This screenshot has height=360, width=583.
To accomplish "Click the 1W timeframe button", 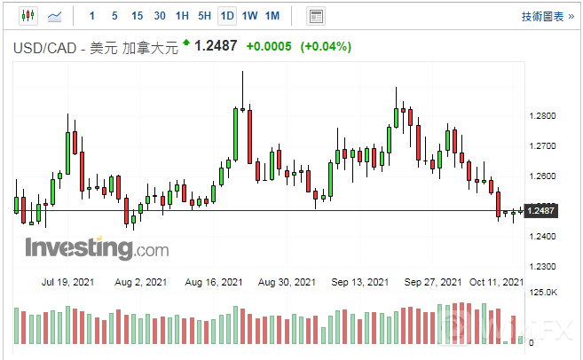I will point(249,16).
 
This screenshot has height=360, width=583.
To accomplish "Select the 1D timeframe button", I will point(227,16).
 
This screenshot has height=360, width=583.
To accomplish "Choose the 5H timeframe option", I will point(204,16).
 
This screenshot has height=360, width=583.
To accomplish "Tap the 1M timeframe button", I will point(272,16).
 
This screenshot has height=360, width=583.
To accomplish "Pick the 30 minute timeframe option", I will point(159,16).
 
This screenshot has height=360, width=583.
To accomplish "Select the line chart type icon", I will point(55,16).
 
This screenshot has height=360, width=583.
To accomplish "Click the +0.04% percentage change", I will point(326,46).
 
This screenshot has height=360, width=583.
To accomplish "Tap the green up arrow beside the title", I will point(186,43).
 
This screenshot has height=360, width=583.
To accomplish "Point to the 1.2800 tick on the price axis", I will point(541,116).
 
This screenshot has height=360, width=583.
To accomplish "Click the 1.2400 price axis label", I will point(541,237).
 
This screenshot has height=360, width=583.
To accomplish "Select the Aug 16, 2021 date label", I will point(214,282).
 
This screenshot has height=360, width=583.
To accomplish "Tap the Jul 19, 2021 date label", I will point(67,282).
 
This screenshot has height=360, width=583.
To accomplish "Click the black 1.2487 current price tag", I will point(540,210).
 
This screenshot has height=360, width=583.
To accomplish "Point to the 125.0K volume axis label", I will point(543,292).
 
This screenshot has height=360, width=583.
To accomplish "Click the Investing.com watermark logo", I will point(96,247).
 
